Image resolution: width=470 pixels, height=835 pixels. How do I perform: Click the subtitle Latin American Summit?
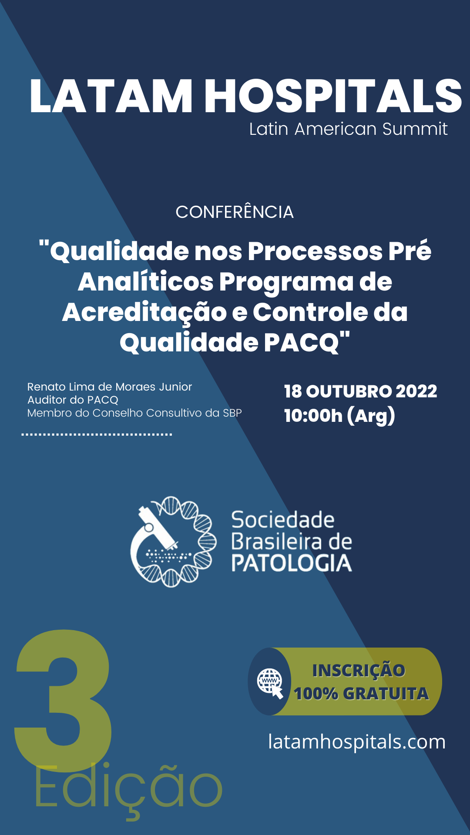point(348,129)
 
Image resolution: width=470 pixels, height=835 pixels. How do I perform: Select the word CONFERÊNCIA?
point(235,212)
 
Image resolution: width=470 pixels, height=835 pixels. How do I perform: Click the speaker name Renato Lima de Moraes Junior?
point(110,387)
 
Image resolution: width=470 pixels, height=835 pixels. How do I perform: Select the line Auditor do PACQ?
point(73,400)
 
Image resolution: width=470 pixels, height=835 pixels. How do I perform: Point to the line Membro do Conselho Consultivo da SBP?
point(134,413)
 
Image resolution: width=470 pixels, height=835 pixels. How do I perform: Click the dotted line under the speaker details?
point(97,434)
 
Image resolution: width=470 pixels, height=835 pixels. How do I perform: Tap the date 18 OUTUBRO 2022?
point(360,391)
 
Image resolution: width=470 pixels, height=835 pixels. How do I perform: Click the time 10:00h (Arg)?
point(339,416)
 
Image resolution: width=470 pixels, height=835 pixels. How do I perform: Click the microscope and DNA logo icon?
point(173,542)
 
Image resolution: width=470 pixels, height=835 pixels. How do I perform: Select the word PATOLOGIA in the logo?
point(292,563)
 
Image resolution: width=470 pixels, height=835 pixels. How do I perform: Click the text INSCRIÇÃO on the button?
point(359,671)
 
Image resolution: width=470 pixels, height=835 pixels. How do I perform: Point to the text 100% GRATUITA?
point(361,694)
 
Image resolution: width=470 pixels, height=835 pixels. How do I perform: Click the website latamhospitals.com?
point(357,741)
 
